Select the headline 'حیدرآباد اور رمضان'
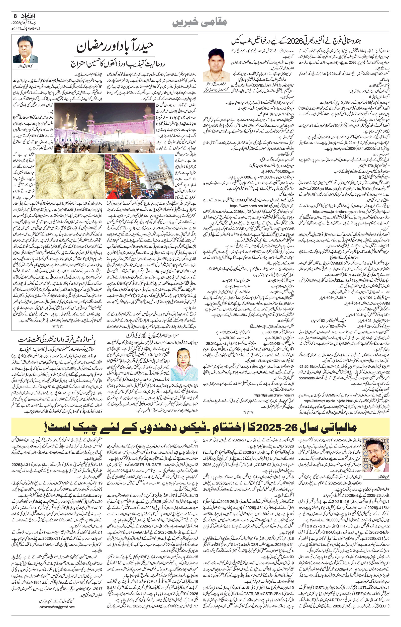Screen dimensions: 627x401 (115, 46)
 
